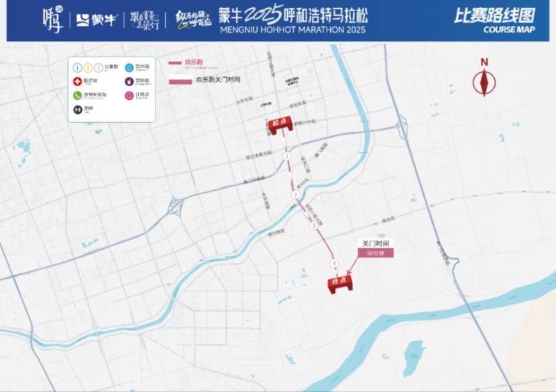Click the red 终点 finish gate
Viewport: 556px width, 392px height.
click(340, 283)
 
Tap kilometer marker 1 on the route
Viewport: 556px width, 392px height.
click(286, 157)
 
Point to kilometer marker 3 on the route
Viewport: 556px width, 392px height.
click(313, 225)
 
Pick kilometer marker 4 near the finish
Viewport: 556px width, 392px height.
click(334, 263)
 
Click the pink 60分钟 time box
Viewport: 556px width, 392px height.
click(375, 253)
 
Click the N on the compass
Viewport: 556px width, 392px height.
click(484, 62)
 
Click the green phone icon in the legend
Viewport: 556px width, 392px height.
click(77, 95)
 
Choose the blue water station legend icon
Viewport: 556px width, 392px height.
click(129, 67)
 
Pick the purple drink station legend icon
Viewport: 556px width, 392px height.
click(129, 81)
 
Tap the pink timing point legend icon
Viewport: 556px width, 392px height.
click(129, 95)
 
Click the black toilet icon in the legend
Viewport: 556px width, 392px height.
click(77, 109)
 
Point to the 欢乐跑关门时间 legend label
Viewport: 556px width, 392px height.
click(218, 80)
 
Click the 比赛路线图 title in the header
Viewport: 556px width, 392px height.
click(494, 15)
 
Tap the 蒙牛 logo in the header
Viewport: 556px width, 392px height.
click(97, 20)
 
